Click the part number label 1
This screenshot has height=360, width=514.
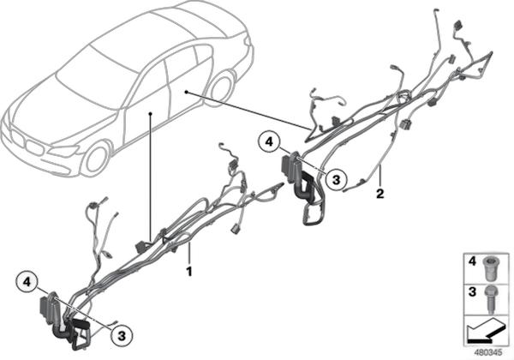pyautogui.click(x=188, y=272)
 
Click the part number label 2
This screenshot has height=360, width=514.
pyautogui.click(x=380, y=194)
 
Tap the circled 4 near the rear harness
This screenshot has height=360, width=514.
pyautogui.click(x=269, y=142)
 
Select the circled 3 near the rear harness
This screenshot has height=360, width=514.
pyautogui.click(x=336, y=180)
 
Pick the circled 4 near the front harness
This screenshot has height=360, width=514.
pyautogui.click(x=27, y=282)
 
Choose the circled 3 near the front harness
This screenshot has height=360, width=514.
pyautogui.click(x=122, y=336)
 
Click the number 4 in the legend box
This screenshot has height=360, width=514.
pyautogui.click(x=472, y=261)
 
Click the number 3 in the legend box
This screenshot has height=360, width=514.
pyautogui.click(x=472, y=291)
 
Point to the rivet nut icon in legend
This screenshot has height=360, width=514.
pyautogui.click(x=490, y=268)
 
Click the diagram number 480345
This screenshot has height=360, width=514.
pyautogui.click(x=488, y=353)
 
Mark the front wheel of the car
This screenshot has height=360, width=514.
pyautogui.click(x=95, y=159)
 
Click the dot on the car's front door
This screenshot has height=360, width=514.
pyautogui.click(x=151, y=113)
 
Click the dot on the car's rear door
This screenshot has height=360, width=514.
pyautogui.click(x=186, y=92)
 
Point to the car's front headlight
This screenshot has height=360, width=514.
pyautogui.click(x=65, y=151)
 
